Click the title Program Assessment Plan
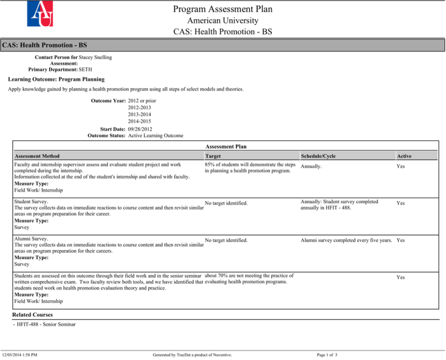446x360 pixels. (x=223, y=9)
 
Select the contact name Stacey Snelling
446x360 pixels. (x=96, y=57)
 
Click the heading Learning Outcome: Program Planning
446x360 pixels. (x=56, y=79)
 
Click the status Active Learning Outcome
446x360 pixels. (x=155, y=135)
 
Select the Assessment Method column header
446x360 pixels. (x=37, y=156)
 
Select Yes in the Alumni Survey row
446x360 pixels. (x=401, y=239)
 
